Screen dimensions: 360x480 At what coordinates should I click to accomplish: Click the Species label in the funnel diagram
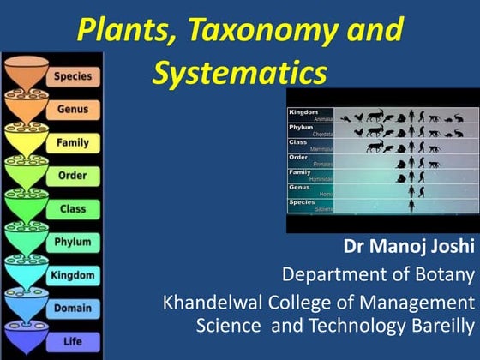pyautogui.click(x=73, y=76)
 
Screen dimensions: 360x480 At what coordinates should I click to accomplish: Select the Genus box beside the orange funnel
pyautogui.click(x=73, y=110)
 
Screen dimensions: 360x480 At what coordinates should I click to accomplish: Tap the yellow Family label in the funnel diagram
pyautogui.click(x=73, y=142)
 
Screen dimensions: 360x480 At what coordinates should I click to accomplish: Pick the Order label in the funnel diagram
pyautogui.click(x=73, y=176)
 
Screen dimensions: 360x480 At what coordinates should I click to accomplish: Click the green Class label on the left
pyautogui.click(x=73, y=208)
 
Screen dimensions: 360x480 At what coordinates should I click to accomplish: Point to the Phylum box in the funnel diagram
pyautogui.click(x=73, y=242)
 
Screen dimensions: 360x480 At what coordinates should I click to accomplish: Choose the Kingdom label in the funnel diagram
pyautogui.click(x=73, y=274)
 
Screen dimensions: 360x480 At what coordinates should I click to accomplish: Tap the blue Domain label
pyautogui.click(x=73, y=308)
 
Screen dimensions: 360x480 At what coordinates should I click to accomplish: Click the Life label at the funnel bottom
pyautogui.click(x=73, y=341)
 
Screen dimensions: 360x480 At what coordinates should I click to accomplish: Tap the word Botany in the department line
pyautogui.click(x=442, y=274)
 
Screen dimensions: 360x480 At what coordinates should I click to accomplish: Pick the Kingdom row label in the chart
pyautogui.click(x=303, y=113)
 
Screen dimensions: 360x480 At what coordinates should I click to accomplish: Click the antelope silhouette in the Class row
pyautogui.click(x=375, y=147)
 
